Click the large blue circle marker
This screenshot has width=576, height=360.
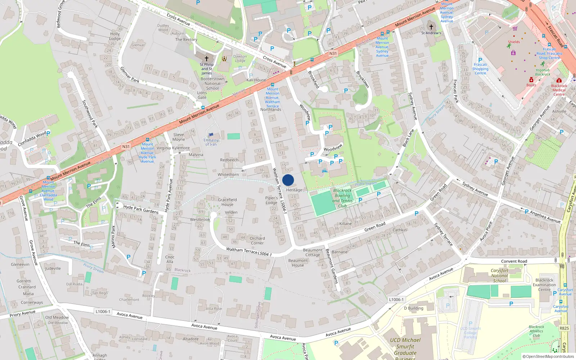click(x=288, y=180)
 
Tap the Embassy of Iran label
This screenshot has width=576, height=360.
click(x=211, y=142)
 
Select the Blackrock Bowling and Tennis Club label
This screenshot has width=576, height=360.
click(x=342, y=198)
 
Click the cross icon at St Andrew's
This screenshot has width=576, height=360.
click(x=431, y=27)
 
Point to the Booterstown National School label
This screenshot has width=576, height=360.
click(x=212, y=84)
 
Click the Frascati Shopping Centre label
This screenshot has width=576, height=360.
click(x=480, y=69)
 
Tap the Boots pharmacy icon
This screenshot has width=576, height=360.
click(x=531, y=80)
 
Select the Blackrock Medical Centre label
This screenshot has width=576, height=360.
click(x=559, y=90)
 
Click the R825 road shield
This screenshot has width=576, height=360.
click(x=564, y=328)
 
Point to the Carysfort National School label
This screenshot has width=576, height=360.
click(x=500, y=276)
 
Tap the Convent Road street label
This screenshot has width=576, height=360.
click(x=514, y=261)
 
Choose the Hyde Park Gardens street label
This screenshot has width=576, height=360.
click(x=141, y=209)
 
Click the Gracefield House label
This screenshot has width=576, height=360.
click(x=227, y=202)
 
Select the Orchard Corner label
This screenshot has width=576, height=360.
click(x=257, y=240)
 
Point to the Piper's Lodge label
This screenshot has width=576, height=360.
click(x=271, y=200)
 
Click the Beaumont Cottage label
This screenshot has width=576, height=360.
click(x=312, y=252)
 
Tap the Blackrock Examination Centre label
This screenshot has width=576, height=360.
click(x=544, y=285)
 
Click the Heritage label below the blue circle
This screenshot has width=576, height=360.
click(x=294, y=190)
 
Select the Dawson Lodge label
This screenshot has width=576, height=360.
click(x=240, y=58)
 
